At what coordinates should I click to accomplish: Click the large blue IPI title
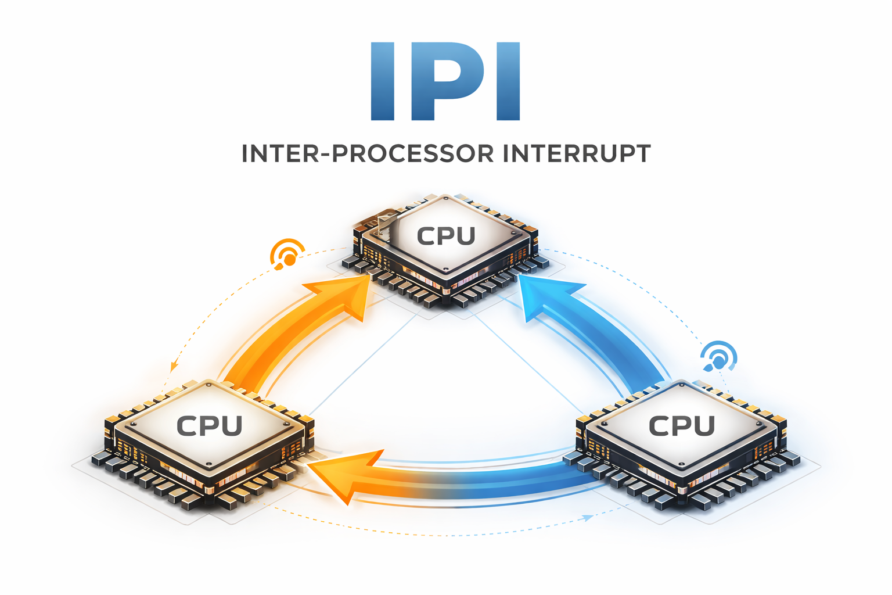point(445,81)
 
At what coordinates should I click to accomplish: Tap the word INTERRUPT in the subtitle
point(577,154)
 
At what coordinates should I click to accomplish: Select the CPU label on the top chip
point(446,236)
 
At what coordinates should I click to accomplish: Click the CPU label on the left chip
point(210,426)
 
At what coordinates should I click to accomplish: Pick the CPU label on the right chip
point(682,426)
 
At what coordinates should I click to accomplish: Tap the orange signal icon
point(287,254)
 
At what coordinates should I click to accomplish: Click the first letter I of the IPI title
point(383,81)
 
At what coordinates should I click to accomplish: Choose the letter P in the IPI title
point(447,81)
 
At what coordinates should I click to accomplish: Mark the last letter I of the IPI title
point(508,81)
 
